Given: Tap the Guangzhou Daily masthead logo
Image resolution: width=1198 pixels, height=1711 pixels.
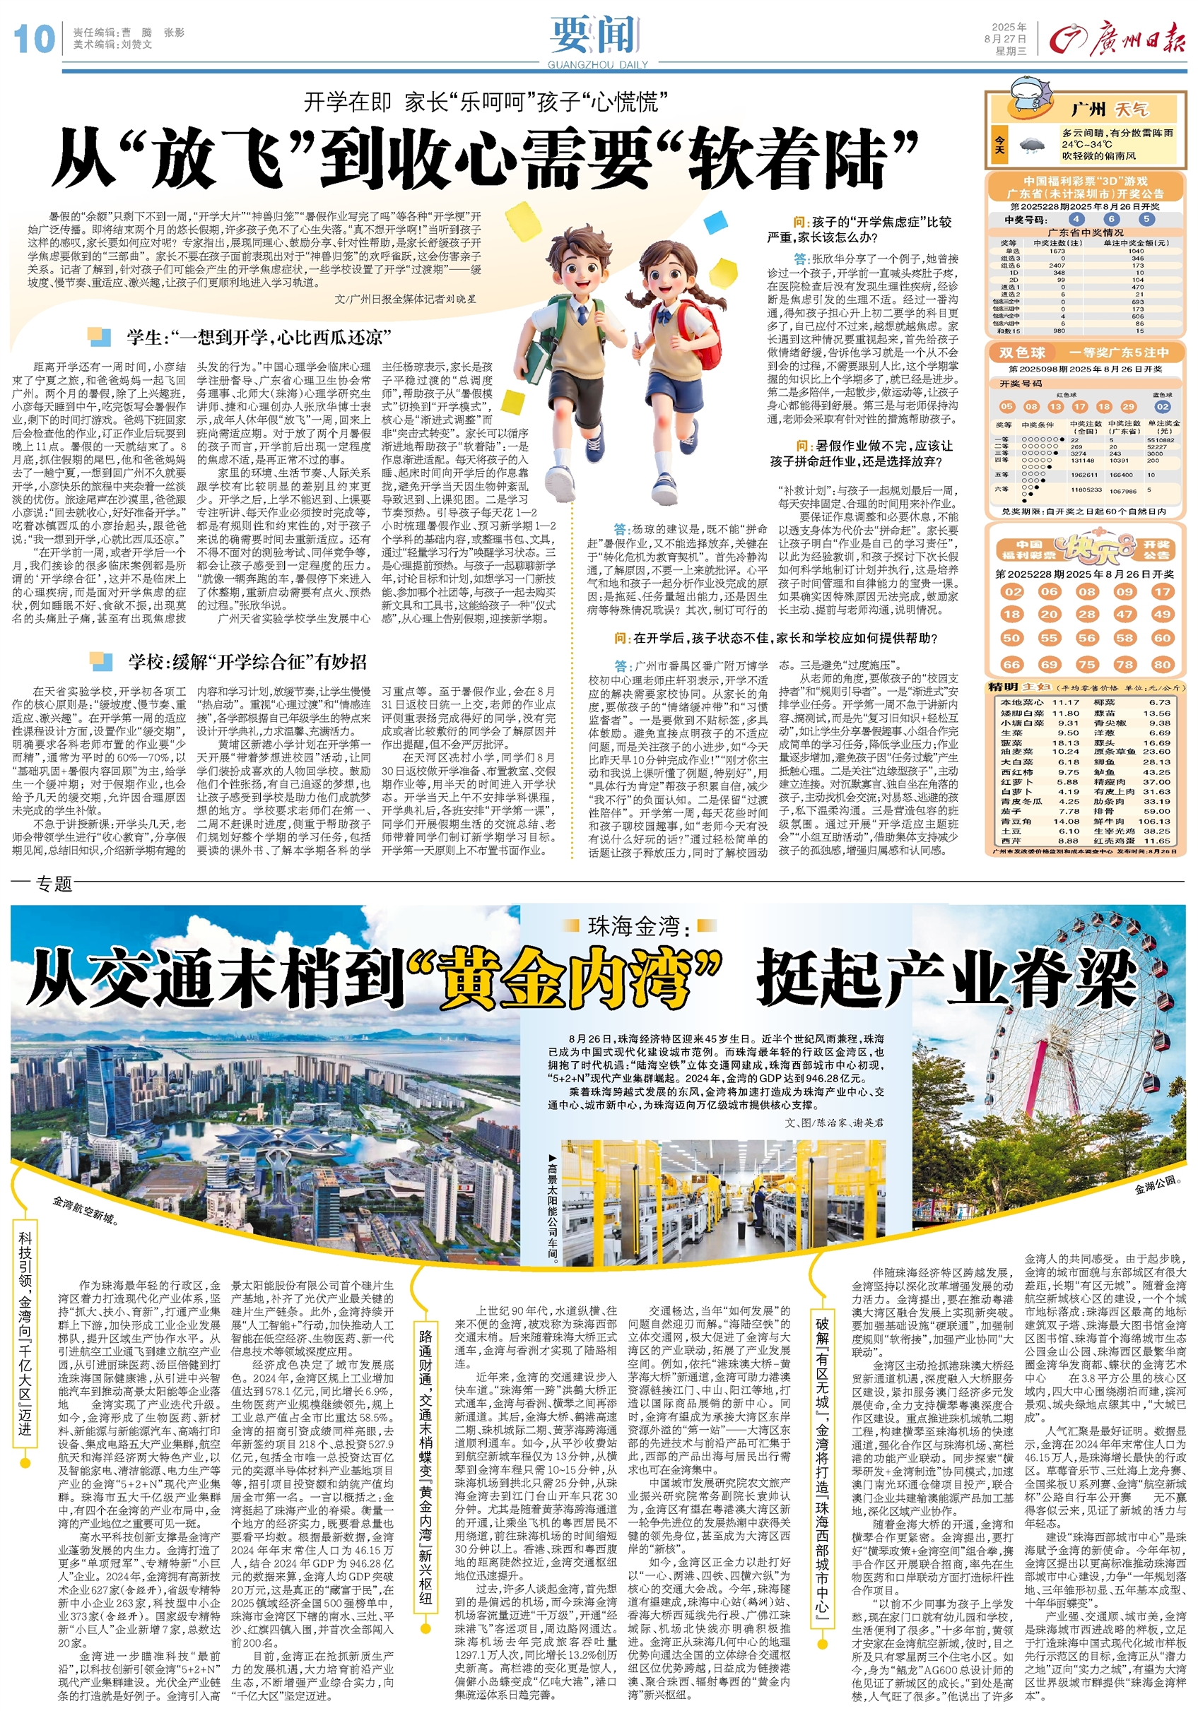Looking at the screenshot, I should (1116, 39).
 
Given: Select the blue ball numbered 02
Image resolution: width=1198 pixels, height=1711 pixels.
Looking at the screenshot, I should (1162, 406).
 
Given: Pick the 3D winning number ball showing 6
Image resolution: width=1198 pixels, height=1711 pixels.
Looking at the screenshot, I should (1112, 219).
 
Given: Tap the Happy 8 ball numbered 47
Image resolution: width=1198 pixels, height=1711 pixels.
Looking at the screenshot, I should (1124, 614).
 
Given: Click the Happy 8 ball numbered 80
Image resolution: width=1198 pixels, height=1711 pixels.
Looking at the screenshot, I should (1161, 664).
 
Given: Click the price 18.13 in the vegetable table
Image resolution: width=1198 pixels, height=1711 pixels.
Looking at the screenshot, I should (1065, 742).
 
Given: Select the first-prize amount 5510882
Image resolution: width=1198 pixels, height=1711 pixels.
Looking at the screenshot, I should (1160, 439).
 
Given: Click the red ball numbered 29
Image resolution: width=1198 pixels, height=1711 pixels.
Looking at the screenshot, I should (1128, 406).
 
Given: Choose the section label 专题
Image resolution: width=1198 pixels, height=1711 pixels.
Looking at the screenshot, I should (54, 884).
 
